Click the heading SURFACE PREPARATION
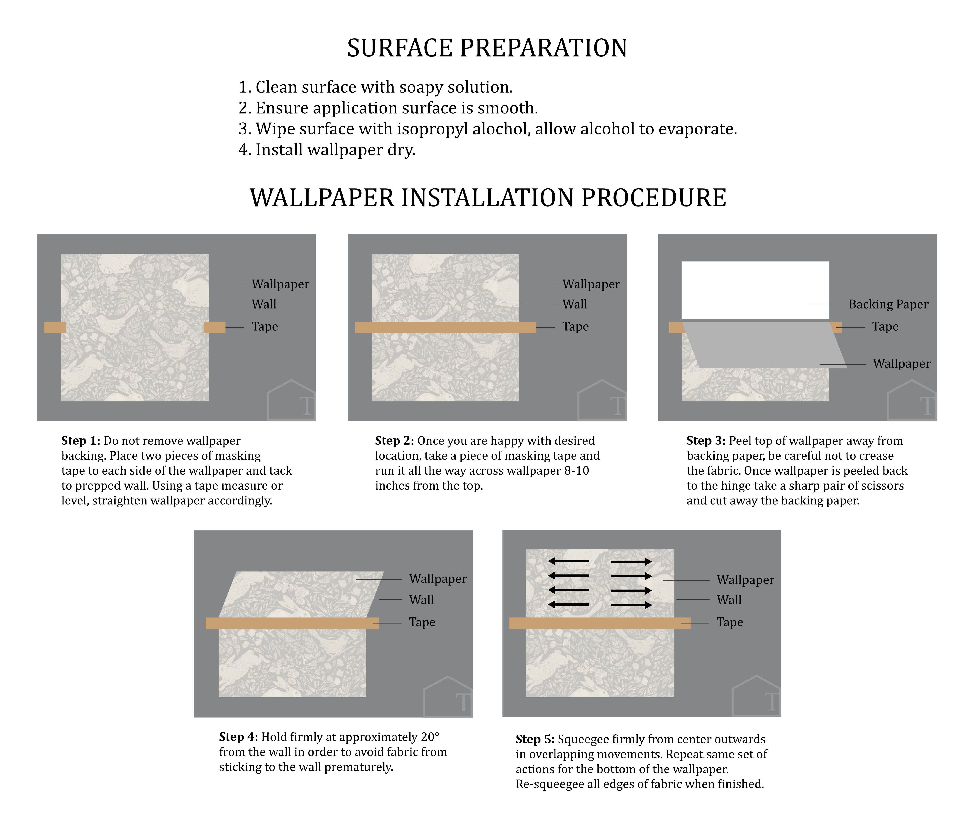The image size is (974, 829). click(x=487, y=48)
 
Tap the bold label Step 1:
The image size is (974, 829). click(x=80, y=441)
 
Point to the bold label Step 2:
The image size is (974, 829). click(x=394, y=441)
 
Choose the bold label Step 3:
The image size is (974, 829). click(x=705, y=441)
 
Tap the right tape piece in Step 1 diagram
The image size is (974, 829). click(x=215, y=328)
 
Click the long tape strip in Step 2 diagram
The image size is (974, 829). click(x=445, y=328)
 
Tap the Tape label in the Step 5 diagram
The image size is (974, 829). click(x=729, y=622)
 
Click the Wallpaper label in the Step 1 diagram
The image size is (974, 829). click(x=280, y=284)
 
